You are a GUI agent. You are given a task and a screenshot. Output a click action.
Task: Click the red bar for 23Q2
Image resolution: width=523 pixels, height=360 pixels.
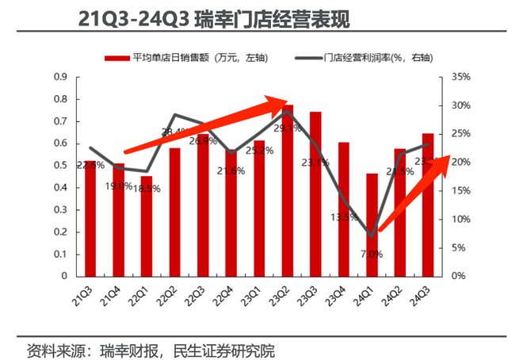[x=288, y=190]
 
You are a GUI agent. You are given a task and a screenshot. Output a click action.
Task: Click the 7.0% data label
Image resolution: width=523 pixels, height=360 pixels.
[x=372, y=255]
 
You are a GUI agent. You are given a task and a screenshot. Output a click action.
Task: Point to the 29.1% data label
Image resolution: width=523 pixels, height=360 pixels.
[x=287, y=128]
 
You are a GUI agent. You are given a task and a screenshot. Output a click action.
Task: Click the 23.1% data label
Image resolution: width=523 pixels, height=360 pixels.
[x=315, y=163]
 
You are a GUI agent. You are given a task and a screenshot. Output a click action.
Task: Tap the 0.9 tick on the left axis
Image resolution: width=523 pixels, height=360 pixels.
[x=61, y=77]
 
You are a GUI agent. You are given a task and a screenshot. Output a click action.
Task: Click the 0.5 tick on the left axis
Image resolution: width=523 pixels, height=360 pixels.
[x=61, y=165]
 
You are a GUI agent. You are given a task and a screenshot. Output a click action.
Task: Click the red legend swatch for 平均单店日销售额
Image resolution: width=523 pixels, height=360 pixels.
[x=116, y=57]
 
